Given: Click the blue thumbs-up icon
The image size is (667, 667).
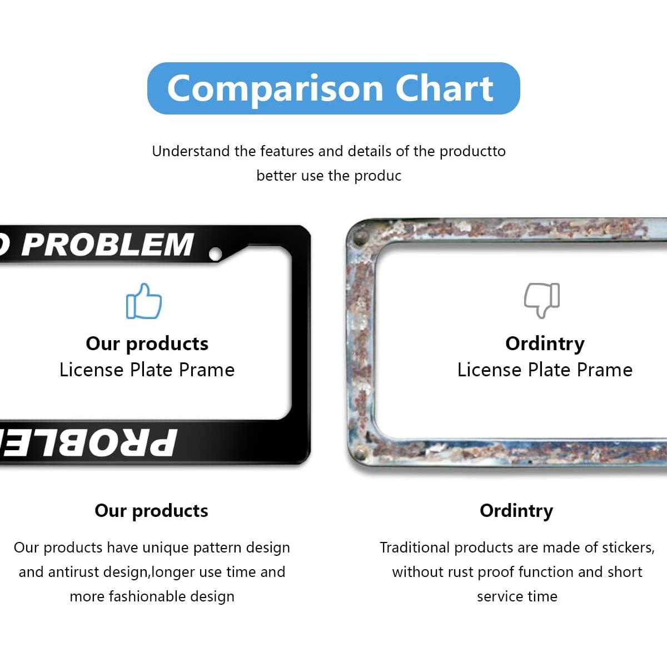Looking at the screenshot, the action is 143,301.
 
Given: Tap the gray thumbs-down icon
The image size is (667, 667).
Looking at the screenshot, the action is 542,301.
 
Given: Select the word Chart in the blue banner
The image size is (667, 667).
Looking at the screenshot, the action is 445,88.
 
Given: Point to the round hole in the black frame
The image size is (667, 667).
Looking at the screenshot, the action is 215,254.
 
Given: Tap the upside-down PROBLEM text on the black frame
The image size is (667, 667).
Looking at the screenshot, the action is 88,442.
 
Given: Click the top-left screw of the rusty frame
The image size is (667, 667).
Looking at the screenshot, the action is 360,237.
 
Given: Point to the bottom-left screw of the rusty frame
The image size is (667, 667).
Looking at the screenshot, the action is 360,453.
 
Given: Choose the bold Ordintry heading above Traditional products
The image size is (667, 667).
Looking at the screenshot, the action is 516,511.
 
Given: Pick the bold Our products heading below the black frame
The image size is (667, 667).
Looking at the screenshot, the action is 151,511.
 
